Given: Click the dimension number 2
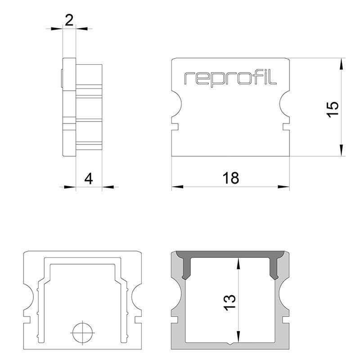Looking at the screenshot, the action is click(x=69, y=20).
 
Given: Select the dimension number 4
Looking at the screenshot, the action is click(x=89, y=179).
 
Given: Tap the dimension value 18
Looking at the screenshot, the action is click(x=231, y=178).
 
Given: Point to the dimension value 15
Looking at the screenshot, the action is click(x=333, y=109).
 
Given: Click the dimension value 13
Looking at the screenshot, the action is click(x=230, y=302).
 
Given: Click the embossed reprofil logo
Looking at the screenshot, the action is click(x=230, y=78).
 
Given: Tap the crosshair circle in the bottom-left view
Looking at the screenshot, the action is click(x=82, y=333).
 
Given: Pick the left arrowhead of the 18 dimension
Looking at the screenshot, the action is click(x=177, y=187).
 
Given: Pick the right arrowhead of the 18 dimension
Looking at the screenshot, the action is click(x=283, y=187).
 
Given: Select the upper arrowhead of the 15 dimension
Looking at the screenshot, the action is click(x=342, y=64).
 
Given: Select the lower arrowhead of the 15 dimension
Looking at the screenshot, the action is click(x=342, y=150).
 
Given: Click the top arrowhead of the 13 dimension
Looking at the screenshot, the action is click(x=238, y=263).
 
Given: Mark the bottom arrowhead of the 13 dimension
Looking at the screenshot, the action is click(x=238, y=337).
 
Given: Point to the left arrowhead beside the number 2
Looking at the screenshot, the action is click(x=57, y=29).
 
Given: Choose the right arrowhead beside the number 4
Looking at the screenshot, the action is click(x=108, y=187).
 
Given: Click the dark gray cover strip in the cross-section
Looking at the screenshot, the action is click(x=230, y=254).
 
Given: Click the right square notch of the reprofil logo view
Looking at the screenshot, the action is click(x=286, y=127).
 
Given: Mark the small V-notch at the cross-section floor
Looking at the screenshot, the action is click(x=230, y=343).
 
